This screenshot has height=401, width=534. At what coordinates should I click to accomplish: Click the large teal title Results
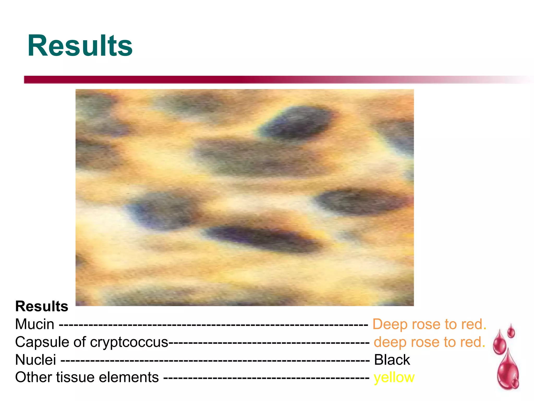[x=80, y=46]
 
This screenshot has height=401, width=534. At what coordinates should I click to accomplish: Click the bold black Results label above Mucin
[x=42, y=306]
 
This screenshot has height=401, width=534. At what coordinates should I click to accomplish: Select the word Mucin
[x=35, y=324]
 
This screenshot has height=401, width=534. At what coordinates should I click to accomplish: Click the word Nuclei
[x=35, y=360]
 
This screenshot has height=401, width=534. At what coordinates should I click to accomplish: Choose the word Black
[x=392, y=360]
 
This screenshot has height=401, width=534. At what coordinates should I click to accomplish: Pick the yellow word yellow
[x=394, y=378]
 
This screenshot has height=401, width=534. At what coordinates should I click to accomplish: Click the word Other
[x=33, y=378]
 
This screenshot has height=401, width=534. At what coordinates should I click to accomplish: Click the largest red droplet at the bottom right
[x=507, y=371]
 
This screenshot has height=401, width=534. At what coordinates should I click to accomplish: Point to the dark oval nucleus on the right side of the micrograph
[x=360, y=201]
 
